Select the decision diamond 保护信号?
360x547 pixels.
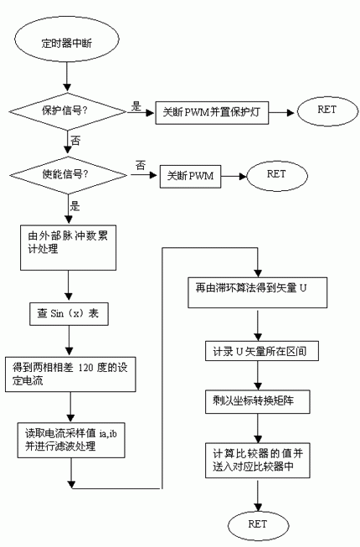pyautogui.click(x=66, y=111)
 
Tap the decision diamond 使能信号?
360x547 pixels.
pyautogui.click(x=66, y=175)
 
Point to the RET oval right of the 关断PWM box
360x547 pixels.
pyautogui.click(x=275, y=175)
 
